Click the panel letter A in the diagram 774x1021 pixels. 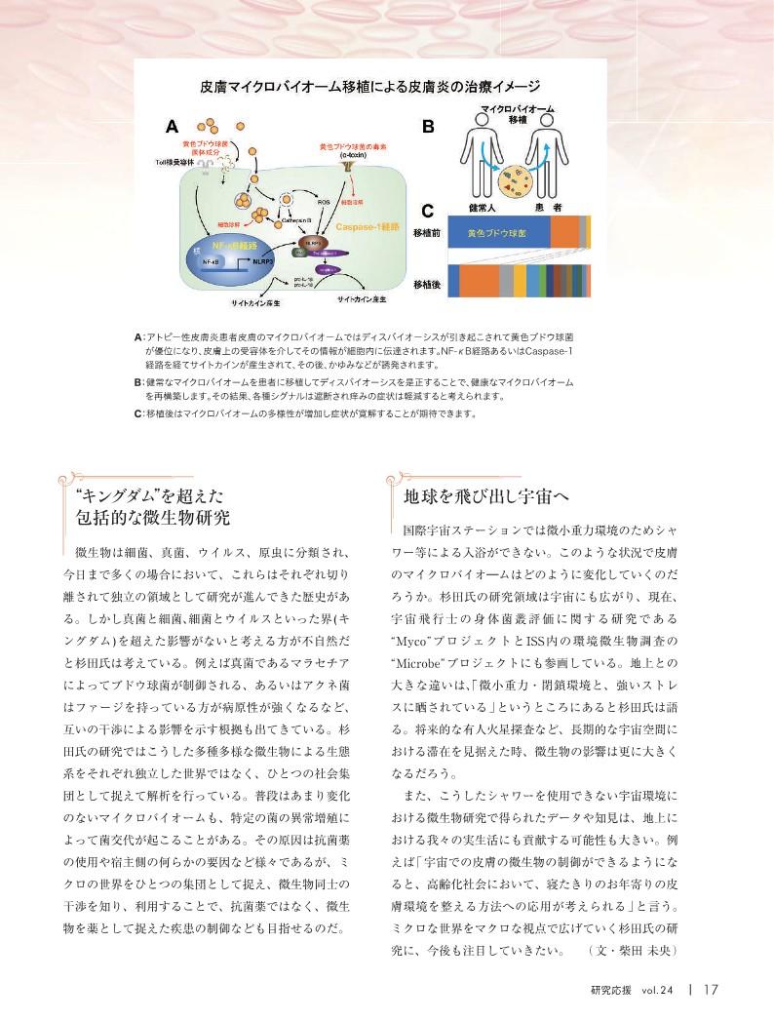[x=172, y=127]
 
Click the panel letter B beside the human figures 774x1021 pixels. [x=427, y=127]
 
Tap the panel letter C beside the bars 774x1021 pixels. [x=427, y=210]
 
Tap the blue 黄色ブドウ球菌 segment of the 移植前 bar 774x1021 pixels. [x=497, y=235]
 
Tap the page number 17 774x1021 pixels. [x=709, y=988]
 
